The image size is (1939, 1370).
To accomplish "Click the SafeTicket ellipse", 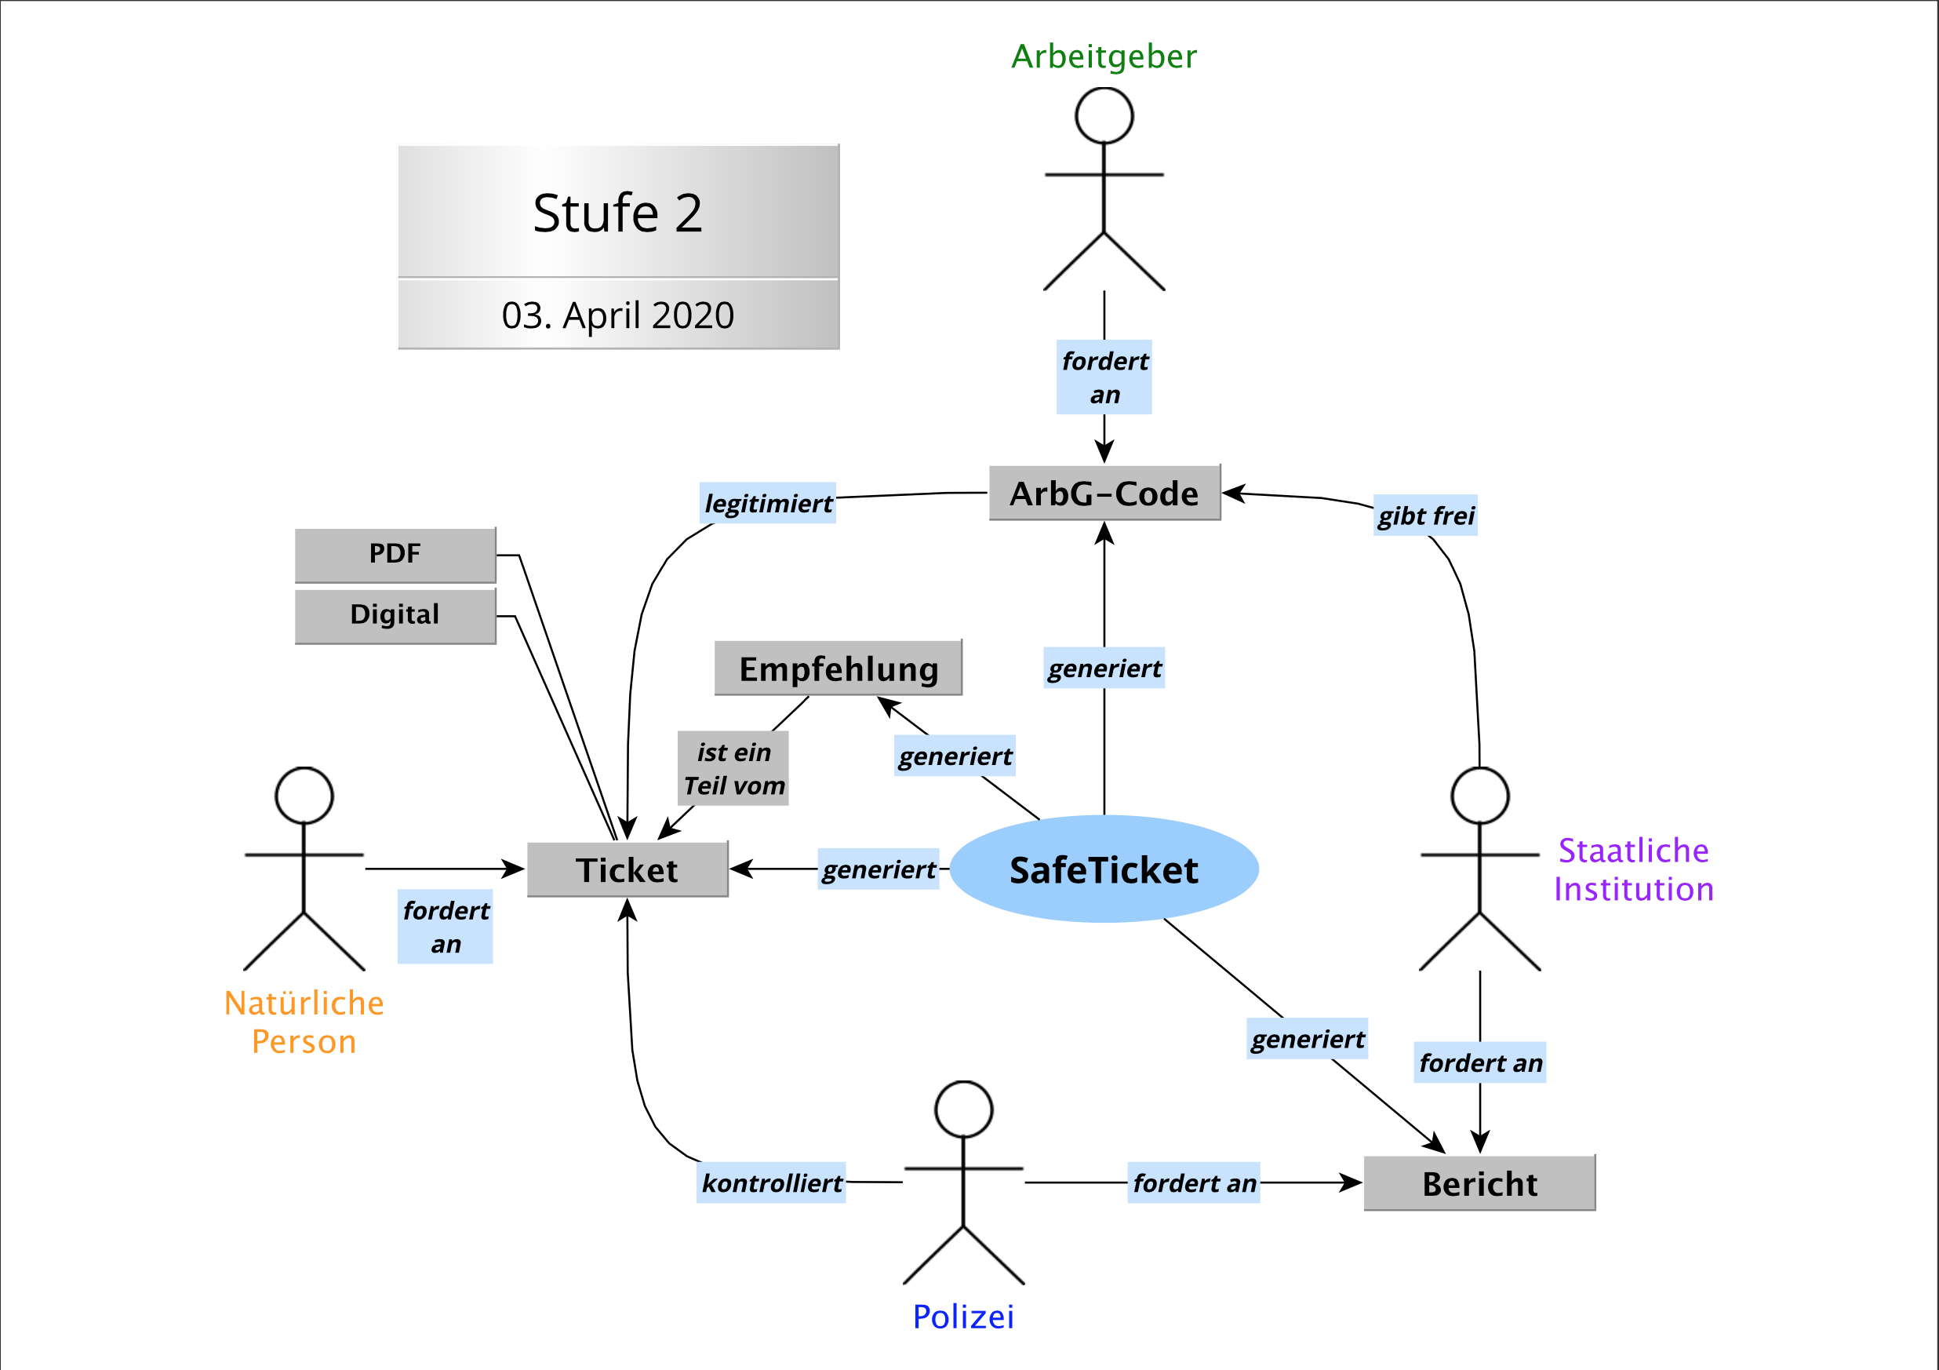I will click(x=1104, y=869).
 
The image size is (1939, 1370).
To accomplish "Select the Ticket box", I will click(x=628, y=869).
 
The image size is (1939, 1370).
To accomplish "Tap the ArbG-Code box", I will click(x=1104, y=494).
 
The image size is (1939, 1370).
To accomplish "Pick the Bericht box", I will click(x=1479, y=1183).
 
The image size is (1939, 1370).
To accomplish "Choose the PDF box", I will click(x=395, y=554).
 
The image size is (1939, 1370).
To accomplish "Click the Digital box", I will click(x=395, y=615).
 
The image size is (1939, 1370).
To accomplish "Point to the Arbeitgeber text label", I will click(x=1104, y=56).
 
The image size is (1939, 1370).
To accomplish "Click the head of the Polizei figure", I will click(x=963, y=1109).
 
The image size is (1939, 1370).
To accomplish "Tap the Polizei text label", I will click(x=963, y=1316).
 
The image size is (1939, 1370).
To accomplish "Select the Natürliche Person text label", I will click(x=304, y=1022).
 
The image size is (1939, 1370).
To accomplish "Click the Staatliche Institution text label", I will click(x=1633, y=869).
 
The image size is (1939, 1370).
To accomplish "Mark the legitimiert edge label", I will click(x=768, y=504).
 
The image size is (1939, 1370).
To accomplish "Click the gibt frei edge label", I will click(x=1425, y=516).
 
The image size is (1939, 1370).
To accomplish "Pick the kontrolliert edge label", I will click(x=771, y=1182).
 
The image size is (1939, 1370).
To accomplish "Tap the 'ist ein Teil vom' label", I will click(x=733, y=769).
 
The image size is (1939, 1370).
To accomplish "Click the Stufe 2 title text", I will click(x=618, y=212).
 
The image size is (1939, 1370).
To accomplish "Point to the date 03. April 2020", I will click(x=618, y=315).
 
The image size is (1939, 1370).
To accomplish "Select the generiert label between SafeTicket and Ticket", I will click(x=879, y=869).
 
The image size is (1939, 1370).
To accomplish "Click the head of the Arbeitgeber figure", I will click(x=1104, y=115).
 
